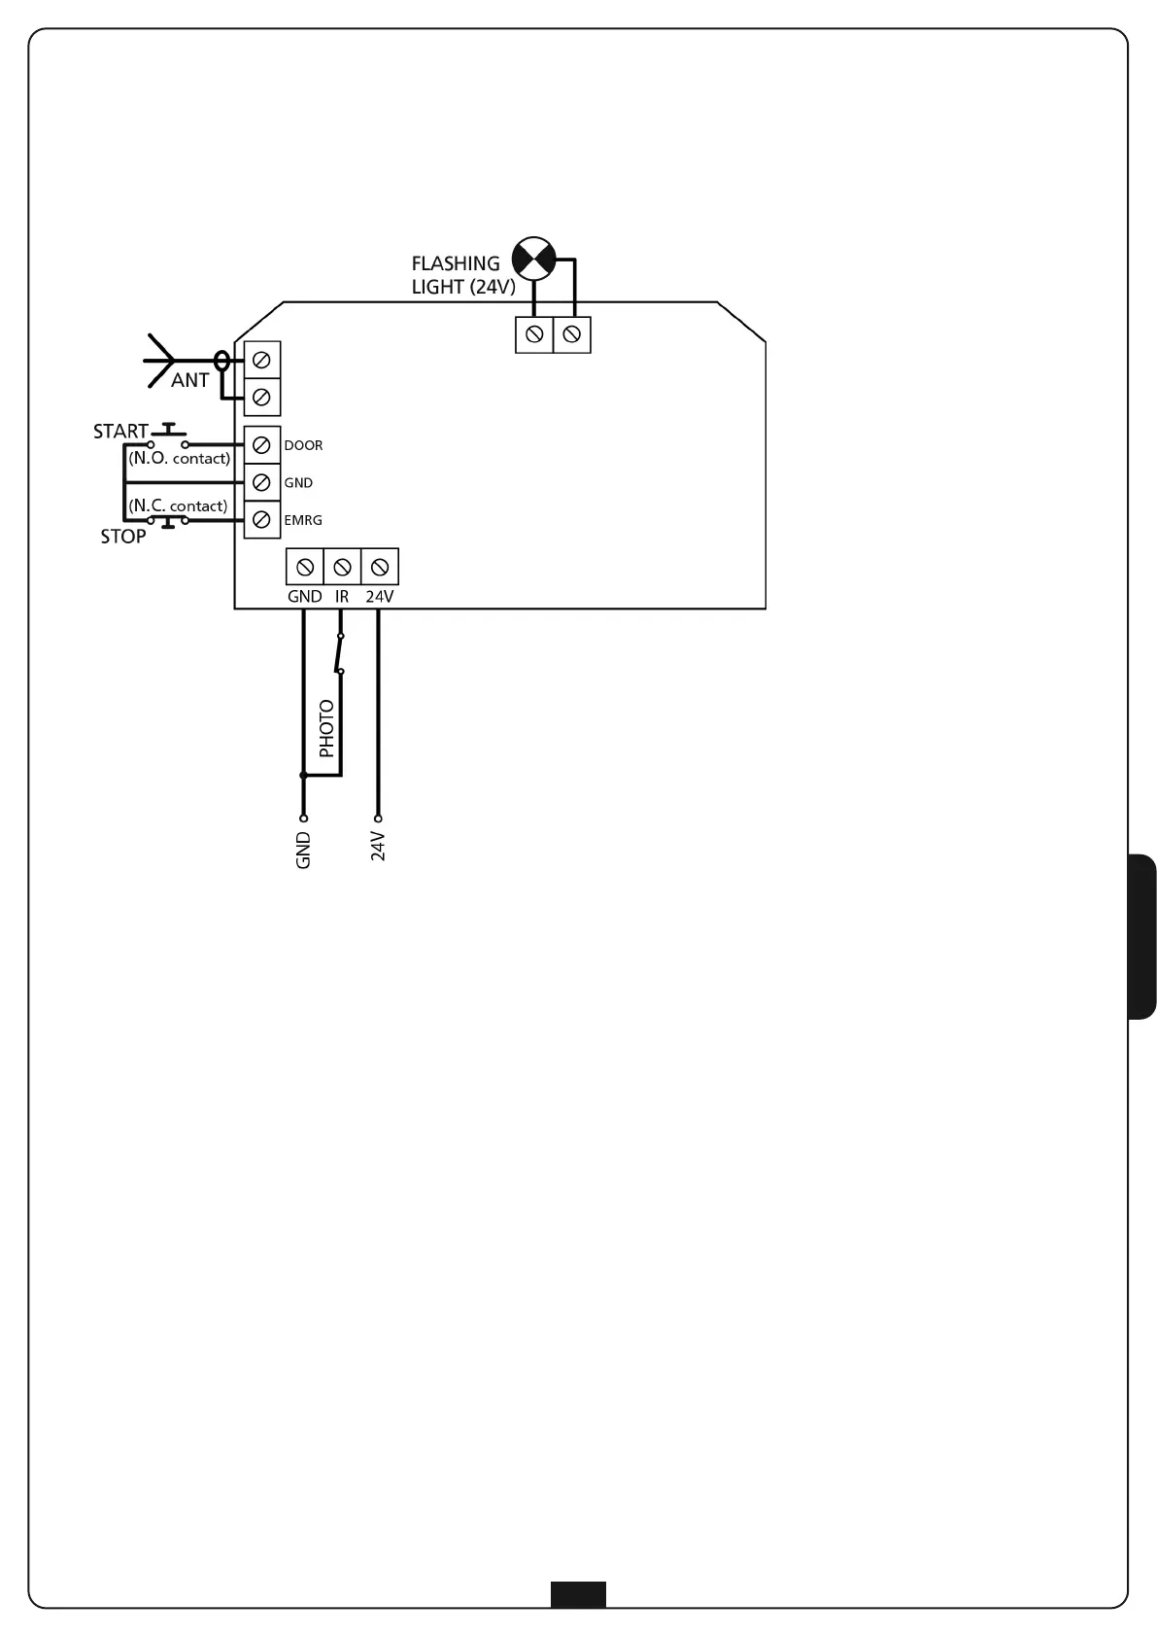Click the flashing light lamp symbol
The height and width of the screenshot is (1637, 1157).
[533, 258]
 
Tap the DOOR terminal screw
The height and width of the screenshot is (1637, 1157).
[260, 445]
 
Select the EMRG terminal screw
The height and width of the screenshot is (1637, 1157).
[260, 520]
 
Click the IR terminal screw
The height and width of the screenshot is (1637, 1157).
[342, 567]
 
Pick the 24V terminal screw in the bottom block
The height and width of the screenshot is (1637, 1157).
[380, 567]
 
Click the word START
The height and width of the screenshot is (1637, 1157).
[120, 432]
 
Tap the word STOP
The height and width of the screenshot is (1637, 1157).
[123, 537]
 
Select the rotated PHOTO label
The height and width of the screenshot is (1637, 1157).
[326, 728]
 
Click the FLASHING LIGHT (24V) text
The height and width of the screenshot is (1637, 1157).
[462, 275]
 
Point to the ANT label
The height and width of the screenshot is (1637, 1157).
[189, 381]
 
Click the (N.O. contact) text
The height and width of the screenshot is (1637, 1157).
[180, 458]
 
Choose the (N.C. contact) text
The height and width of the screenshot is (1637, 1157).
[178, 505]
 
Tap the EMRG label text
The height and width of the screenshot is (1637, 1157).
[303, 521]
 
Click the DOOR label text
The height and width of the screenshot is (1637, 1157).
[303, 445]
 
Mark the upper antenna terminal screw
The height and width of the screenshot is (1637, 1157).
[260, 361]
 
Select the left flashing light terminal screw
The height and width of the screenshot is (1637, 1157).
[533, 335]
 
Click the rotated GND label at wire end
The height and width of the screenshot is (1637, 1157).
[303, 851]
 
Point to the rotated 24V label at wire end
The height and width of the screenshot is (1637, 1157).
[379, 847]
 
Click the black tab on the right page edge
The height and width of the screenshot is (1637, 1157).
[1142, 936]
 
